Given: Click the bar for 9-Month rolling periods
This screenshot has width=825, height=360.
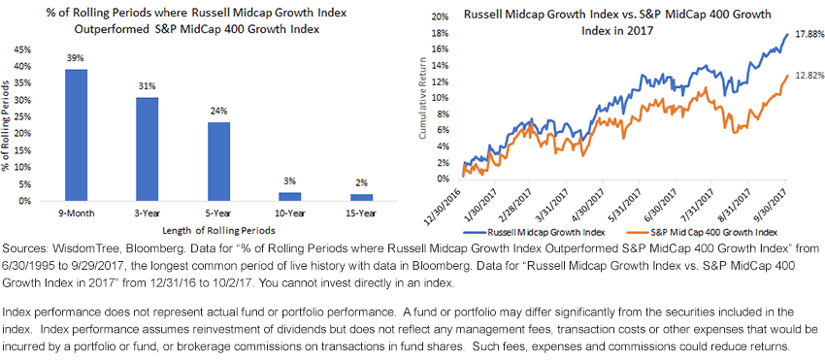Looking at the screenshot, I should (x=76, y=135).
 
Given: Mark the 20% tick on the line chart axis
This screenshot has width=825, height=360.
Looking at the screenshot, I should (x=440, y=16).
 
